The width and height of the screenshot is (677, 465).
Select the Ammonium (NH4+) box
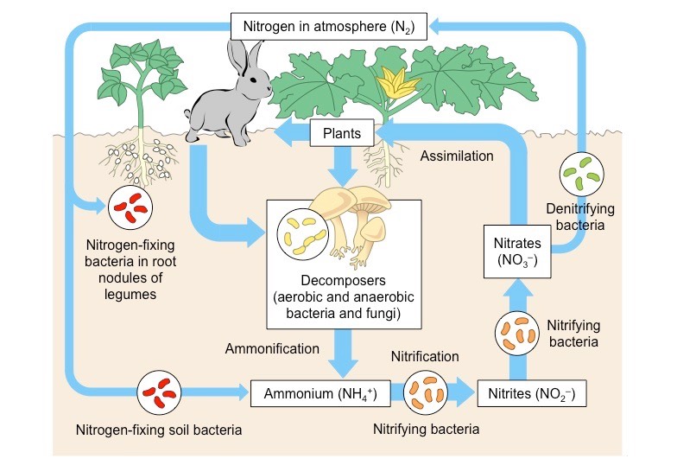[320, 393]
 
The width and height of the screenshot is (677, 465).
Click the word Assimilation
[458, 156]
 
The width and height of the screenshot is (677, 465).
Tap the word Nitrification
[425, 356]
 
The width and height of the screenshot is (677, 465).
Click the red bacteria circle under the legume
[130, 207]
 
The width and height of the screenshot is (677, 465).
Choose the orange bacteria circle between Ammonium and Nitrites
[427, 393]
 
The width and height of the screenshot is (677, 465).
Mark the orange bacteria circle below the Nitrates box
[516, 334]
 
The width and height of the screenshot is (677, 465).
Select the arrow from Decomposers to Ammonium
[343, 351]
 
